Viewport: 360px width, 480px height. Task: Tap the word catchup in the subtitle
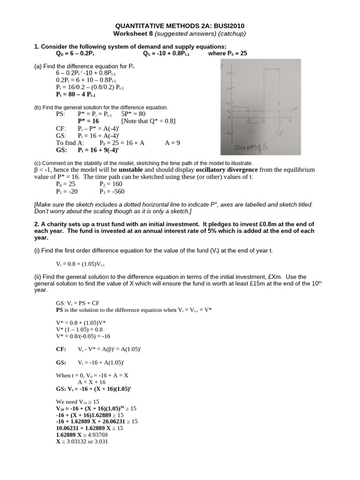pos(231,34)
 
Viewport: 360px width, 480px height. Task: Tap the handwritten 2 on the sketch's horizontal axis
pos(263,121)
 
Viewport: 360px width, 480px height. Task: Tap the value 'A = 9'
pos(172,142)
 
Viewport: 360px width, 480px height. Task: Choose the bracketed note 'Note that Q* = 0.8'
pos(148,120)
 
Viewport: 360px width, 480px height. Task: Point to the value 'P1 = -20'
pos(67,191)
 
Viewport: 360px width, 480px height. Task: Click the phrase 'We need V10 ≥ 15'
pos(77,402)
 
